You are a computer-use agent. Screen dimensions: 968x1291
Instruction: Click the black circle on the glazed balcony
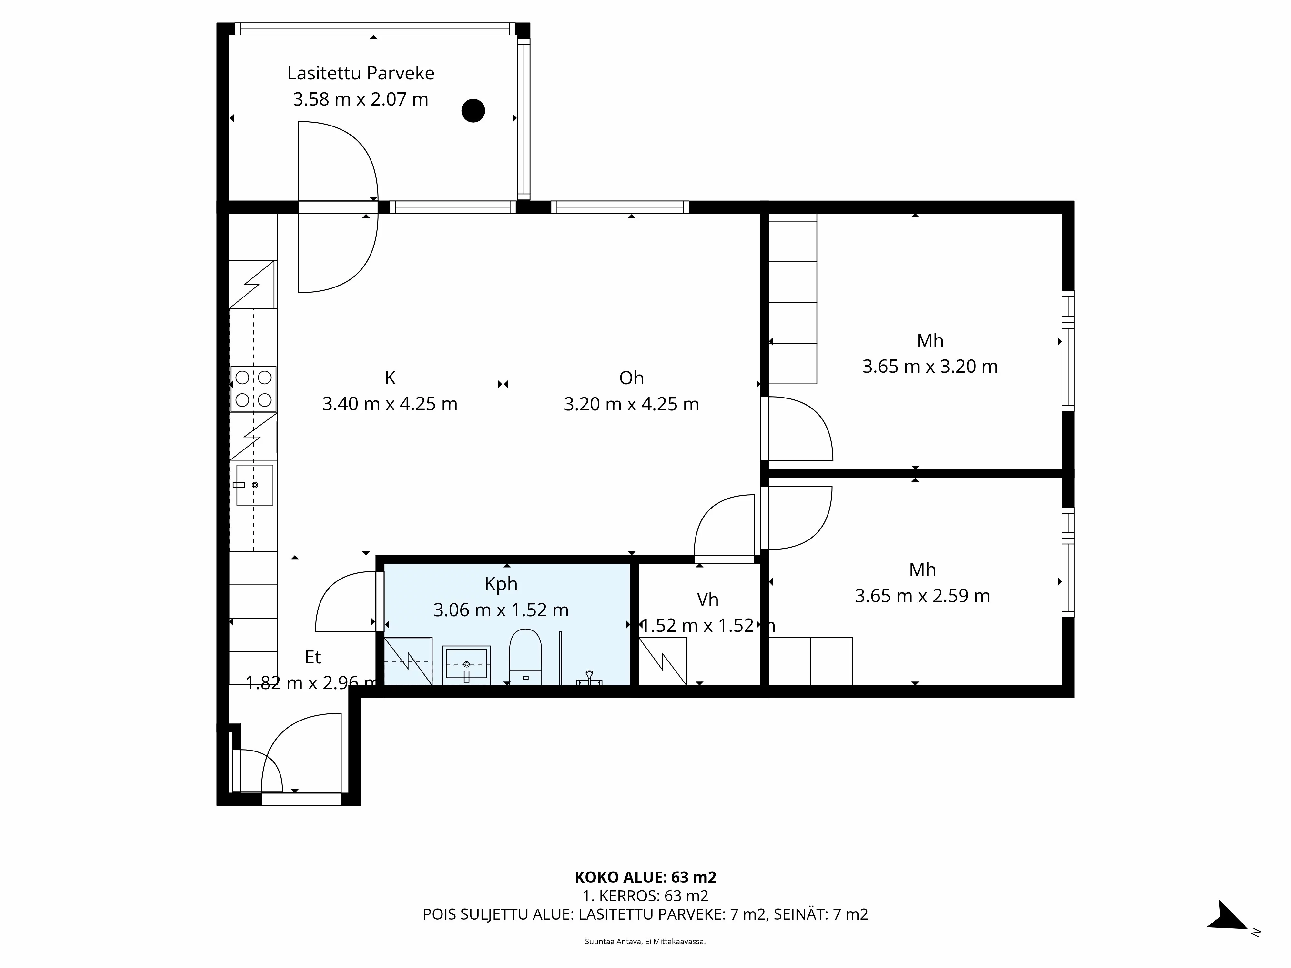(473, 110)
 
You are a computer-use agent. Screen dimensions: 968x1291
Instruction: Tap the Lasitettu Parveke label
(361, 74)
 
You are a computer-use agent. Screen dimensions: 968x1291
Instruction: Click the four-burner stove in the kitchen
(253, 388)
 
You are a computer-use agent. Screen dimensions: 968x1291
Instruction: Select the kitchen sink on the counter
(254, 485)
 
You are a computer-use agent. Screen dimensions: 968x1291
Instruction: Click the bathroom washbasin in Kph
(466, 665)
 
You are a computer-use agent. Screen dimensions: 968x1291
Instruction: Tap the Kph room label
(501, 584)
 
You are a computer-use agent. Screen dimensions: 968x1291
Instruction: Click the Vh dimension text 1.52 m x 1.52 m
(707, 626)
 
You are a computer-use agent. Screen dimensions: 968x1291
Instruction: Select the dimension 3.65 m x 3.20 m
(930, 367)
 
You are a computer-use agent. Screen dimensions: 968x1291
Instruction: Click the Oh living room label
(632, 378)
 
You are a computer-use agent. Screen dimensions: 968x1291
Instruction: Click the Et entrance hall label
(313, 658)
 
